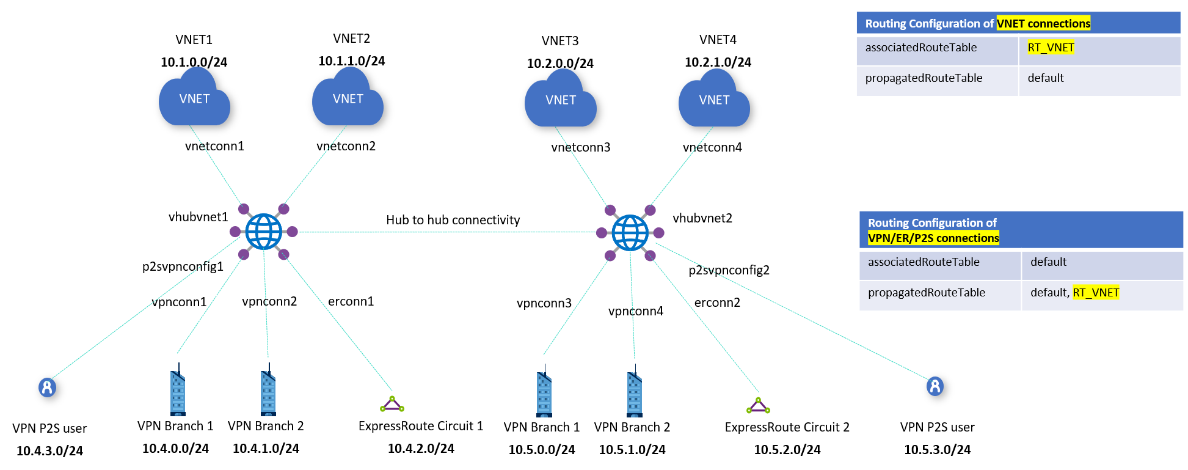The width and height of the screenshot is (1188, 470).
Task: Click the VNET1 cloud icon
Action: [194, 98]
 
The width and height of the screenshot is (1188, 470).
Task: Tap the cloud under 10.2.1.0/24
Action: [714, 99]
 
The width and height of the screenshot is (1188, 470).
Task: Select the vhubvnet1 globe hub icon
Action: [264, 232]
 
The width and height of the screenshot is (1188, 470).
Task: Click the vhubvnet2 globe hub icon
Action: [630, 233]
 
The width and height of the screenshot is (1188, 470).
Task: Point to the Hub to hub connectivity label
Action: [453, 220]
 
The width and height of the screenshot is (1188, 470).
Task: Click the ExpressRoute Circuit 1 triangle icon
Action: [392, 405]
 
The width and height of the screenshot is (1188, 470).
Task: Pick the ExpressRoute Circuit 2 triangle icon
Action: [758, 406]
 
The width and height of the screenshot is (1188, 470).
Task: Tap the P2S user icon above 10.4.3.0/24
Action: [48, 387]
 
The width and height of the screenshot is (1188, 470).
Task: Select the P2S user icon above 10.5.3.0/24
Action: [935, 386]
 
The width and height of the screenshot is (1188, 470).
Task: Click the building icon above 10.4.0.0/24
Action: [178, 391]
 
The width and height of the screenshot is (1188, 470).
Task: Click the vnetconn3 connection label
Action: [580, 147]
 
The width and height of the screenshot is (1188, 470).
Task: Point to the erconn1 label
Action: [351, 301]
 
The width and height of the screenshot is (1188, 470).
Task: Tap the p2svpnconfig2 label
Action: [729, 270]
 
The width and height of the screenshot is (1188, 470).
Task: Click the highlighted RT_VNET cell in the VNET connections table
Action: [1051, 48]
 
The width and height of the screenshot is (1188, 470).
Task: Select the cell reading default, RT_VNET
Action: [1074, 293]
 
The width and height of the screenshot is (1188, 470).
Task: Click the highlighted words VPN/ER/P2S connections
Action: [933, 238]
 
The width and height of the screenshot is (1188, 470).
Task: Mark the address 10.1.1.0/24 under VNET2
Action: [351, 61]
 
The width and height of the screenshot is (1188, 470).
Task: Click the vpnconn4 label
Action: [635, 311]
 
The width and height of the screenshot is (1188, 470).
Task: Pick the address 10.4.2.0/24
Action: [421, 449]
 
